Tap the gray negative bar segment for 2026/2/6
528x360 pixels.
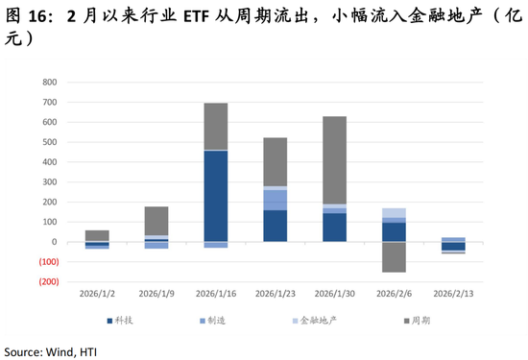pos(394,256)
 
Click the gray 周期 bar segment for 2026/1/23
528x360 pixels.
pos(275,161)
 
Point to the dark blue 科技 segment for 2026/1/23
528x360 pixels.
pos(275,226)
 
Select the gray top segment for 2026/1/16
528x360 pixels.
pos(215,126)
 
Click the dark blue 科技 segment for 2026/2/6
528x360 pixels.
pos(394,231)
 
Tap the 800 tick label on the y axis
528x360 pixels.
pos(51,82)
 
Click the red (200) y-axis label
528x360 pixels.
pos(48,282)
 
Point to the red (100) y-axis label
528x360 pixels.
pos(48,262)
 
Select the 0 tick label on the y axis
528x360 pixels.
pos(57,242)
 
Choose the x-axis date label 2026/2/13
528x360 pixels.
pos(453,294)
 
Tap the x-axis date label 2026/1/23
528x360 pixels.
pos(275,294)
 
